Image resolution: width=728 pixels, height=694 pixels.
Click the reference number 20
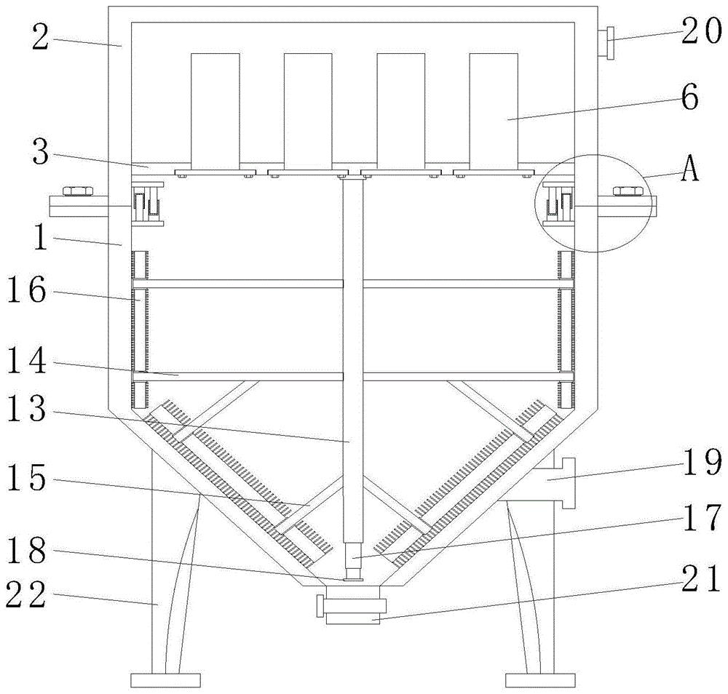tap(701, 33)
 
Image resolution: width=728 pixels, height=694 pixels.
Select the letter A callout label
tap(690, 170)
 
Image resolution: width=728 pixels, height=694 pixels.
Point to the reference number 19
tap(702, 463)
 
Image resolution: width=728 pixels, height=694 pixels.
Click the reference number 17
tap(702, 518)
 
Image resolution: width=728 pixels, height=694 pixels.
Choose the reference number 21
tap(702, 580)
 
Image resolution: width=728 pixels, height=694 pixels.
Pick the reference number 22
tap(26, 595)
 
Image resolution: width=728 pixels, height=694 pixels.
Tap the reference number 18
tap(27, 551)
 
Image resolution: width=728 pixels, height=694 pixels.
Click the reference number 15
tap(27, 479)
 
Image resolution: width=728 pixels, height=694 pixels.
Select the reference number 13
tap(27, 408)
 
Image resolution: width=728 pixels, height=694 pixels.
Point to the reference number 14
tap(27, 361)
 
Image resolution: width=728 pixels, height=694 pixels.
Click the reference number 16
tap(27, 290)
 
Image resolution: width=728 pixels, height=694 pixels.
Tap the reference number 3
tap(40, 152)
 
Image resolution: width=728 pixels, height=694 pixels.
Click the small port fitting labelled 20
tap(606, 43)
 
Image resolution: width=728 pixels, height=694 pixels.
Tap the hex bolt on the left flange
tap(78, 191)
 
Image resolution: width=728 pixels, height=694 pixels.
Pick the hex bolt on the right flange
tap(628, 191)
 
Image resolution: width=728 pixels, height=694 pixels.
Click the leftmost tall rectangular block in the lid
tap(215, 111)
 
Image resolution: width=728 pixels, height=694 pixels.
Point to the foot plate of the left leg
tap(165, 681)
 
